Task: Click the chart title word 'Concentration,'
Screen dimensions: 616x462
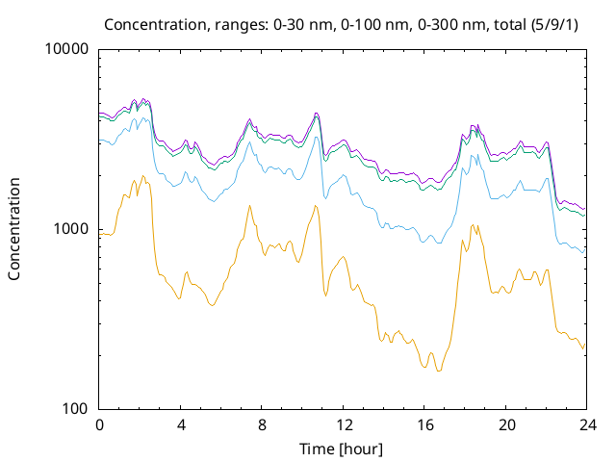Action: pyautogui.click(x=155, y=25)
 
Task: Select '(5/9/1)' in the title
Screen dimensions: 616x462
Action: pyautogui.click(x=554, y=25)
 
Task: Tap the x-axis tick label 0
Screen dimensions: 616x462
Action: pyautogui.click(x=99, y=425)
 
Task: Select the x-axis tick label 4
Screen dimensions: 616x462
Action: pyautogui.click(x=181, y=425)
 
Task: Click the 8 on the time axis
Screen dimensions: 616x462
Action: pyautogui.click(x=262, y=425)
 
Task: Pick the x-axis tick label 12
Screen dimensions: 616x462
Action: pyautogui.click(x=344, y=425)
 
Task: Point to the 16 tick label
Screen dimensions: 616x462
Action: pyautogui.click(x=425, y=425)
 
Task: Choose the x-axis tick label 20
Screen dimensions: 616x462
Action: pyautogui.click(x=506, y=425)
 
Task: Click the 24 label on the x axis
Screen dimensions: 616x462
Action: pyautogui.click(x=588, y=425)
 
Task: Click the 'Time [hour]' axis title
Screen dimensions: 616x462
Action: pyautogui.click(x=341, y=449)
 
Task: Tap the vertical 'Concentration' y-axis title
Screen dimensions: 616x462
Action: pyautogui.click(x=14, y=229)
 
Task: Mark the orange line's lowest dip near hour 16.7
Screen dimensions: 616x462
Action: pyautogui.click(x=439, y=371)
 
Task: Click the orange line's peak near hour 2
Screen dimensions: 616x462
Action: pyautogui.click(x=142, y=175)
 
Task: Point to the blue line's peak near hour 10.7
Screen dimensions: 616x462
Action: pyautogui.click(x=317, y=137)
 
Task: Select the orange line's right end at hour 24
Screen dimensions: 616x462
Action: pyautogui.click(x=585, y=344)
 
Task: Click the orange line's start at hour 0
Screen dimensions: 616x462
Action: pyautogui.click(x=99, y=234)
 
